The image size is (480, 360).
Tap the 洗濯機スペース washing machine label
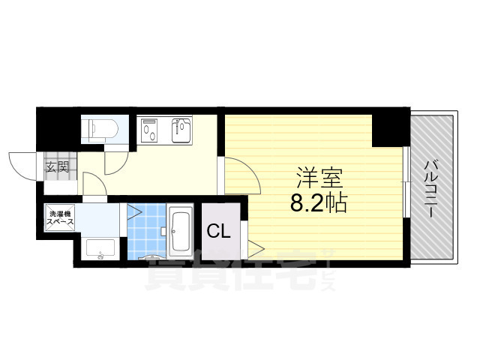59,217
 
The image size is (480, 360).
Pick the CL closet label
219,231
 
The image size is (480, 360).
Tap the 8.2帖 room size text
319,202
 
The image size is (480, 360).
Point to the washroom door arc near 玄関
91,184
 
